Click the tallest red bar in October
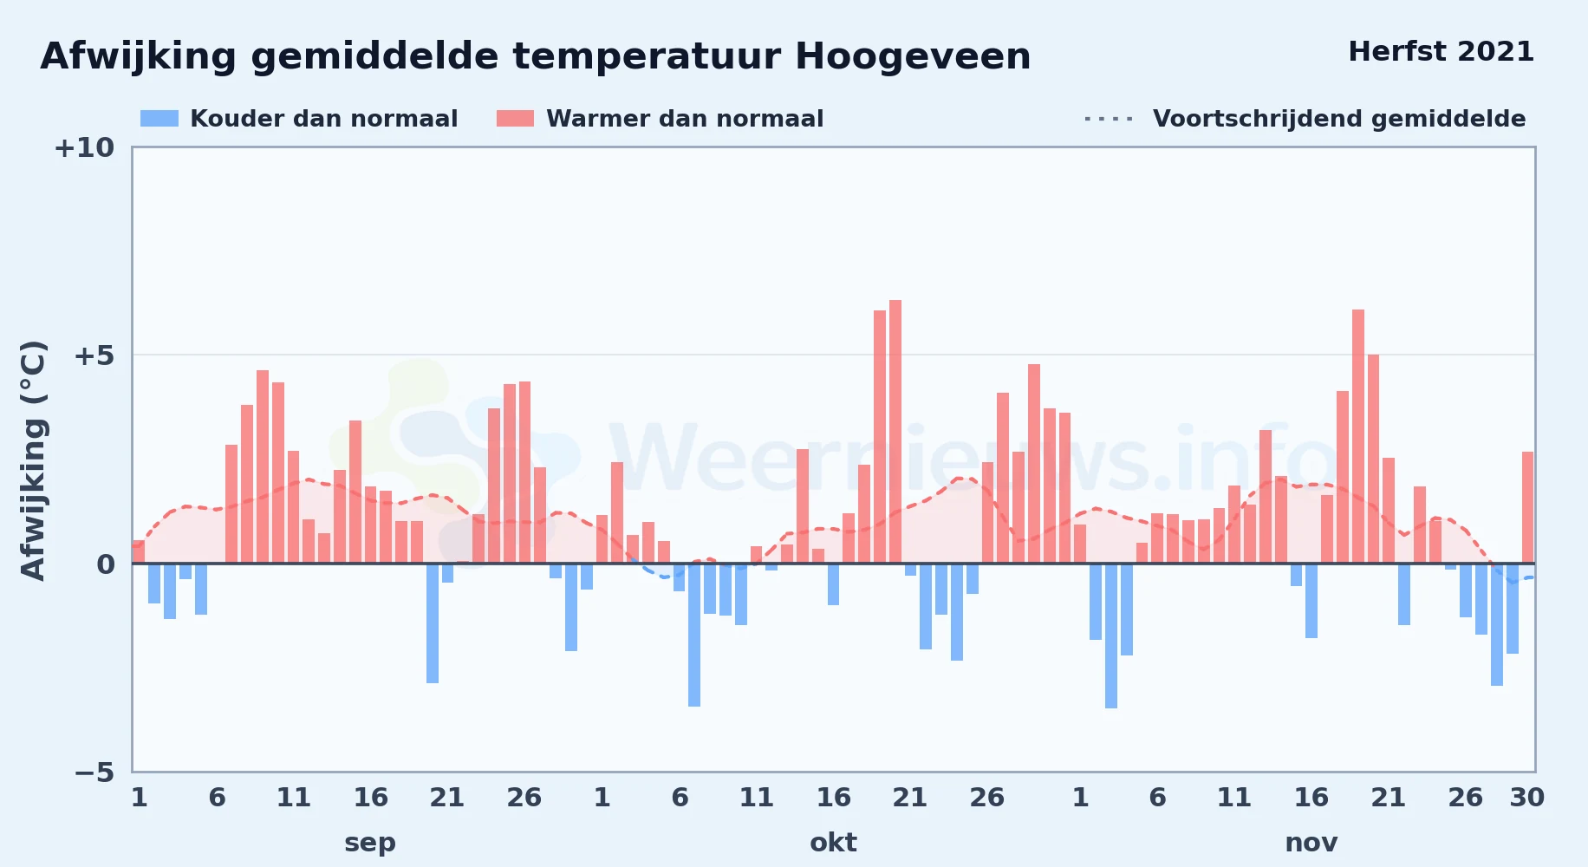(895, 432)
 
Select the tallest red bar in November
(1358, 436)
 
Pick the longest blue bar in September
(433, 623)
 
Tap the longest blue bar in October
(694, 635)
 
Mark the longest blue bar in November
(1111, 636)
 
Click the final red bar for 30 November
(1528, 507)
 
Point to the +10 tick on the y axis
(84, 147)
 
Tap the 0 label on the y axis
(106, 564)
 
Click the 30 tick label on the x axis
(1527, 797)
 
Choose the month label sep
(370, 842)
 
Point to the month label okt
(833, 842)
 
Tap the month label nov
(1311, 842)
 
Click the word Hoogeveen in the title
(913, 56)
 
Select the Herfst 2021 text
(1442, 51)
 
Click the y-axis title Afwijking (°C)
(33, 460)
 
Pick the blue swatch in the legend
(159, 119)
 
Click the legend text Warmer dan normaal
(685, 119)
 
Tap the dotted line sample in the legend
(1109, 119)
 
